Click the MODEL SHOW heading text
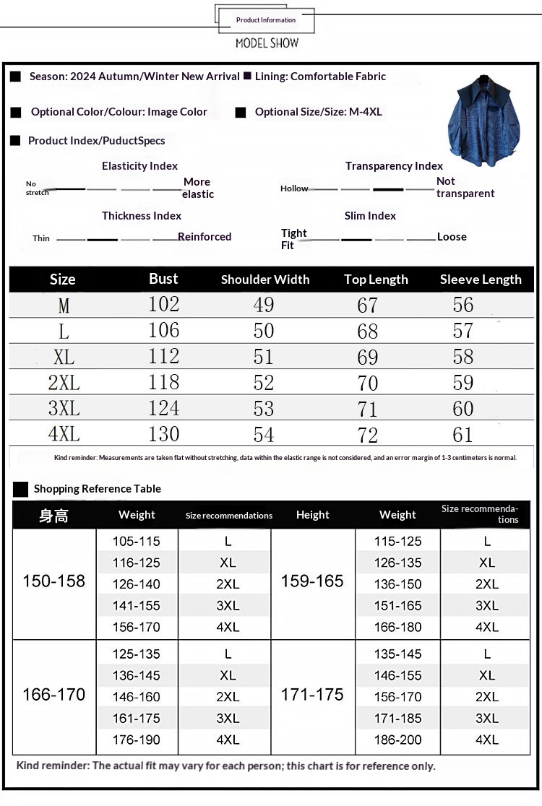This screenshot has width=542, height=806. [267, 43]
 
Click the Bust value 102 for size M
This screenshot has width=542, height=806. [164, 305]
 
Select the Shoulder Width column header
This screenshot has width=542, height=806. [265, 279]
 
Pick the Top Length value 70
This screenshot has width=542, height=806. [368, 383]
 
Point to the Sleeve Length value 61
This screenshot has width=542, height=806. [463, 435]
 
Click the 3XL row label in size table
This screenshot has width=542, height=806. [64, 409]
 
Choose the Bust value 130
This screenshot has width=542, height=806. [164, 435]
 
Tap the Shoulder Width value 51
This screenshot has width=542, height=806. [264, 357]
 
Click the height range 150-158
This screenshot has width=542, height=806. [54, 581]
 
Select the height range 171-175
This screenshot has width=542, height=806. [312, 695]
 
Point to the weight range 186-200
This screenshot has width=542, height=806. [397, 740]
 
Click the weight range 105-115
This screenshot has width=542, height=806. [137, 542]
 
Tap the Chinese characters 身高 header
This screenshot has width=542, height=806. [54, 516]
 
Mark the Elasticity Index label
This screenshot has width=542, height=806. [139, 166]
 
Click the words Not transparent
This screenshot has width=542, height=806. [465, 188]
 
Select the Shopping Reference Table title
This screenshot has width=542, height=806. [98, 489]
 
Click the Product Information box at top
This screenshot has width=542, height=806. [266, 20]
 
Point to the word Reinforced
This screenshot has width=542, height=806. [205, 237]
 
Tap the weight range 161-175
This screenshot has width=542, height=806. [137, 719]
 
